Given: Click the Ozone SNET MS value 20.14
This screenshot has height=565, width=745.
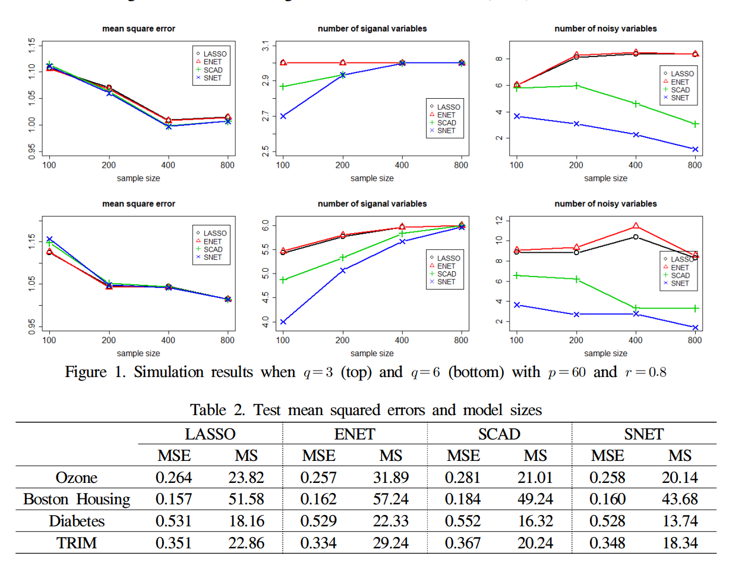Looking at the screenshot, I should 680,477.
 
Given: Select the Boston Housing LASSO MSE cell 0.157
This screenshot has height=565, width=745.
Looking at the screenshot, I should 173,499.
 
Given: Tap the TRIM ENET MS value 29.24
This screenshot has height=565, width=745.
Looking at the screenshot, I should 390,543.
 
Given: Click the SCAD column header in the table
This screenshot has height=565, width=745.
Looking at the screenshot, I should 500,434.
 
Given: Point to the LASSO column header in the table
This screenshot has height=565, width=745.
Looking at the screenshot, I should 210,434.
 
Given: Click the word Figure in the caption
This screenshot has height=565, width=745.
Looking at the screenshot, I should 95,373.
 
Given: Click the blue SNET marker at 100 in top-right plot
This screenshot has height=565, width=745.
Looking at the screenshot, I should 517,117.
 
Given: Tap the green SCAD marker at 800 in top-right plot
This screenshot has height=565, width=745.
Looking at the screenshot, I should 695,124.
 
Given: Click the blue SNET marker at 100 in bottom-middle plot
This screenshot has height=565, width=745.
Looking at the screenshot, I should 283,322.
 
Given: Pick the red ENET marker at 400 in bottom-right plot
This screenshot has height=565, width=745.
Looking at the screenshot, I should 636,226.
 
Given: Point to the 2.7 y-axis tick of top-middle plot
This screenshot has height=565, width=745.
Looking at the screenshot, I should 264,117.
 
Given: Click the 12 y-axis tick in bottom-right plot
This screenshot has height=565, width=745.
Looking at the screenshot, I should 498,220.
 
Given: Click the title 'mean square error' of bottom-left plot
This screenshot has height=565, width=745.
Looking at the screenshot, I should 138,204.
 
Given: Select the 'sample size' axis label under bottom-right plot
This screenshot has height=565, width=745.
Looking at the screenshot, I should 605,353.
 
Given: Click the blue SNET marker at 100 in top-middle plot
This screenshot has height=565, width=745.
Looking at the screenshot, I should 283,117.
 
